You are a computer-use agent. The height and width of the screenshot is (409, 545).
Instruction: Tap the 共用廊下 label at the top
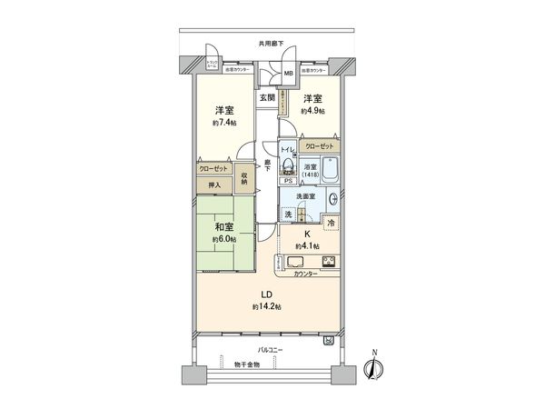pos(270,43)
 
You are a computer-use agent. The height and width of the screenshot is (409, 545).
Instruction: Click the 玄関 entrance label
pos(267,96)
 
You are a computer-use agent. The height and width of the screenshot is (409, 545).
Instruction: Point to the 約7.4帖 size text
pos(224,122)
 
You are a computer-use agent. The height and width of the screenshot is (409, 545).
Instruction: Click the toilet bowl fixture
pos(286,165)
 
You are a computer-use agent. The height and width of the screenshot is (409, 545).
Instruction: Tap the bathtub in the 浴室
pos(331,169)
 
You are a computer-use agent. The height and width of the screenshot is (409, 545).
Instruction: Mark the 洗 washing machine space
pos(289,214)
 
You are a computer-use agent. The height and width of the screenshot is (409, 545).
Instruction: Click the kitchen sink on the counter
pos(296,264)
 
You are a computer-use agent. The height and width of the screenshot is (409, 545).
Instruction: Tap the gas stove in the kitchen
pos(328,264)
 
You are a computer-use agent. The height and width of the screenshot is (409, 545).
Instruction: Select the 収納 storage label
pos(245,178)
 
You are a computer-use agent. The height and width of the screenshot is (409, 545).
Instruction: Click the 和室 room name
pos(224,228)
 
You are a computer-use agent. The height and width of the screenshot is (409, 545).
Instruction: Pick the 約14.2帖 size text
pos(267,307)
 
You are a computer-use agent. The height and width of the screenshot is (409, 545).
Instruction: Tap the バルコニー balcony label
pos(270,349)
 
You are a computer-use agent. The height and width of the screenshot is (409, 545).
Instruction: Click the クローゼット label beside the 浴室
pos(319,146)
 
